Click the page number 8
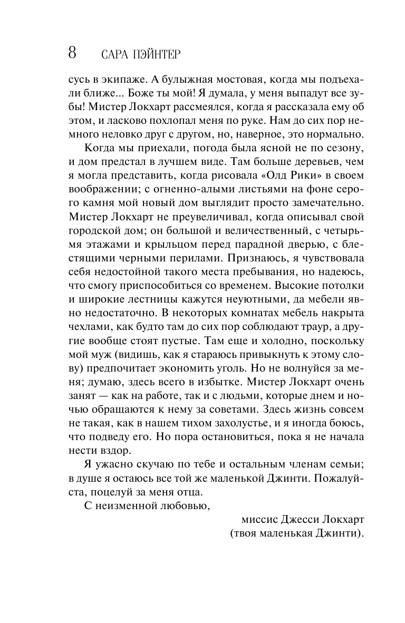(x=72, y=53)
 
